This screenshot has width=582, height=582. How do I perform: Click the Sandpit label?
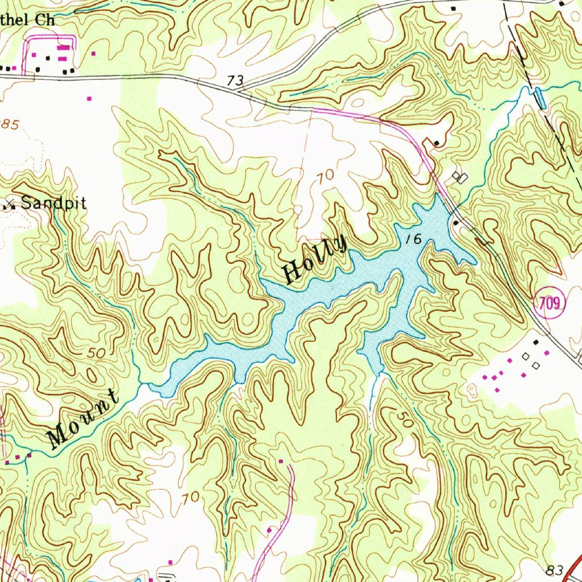pyautogui.click(x=54, y=203)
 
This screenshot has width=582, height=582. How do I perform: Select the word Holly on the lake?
pyautogui.click(x=315, y=260)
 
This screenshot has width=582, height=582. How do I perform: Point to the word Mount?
pyautogui.click(x=84, y=419)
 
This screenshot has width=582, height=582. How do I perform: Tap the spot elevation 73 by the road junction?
pyautogui.click(x=234, y=81)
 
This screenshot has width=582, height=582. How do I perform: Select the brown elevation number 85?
pyautogui.click(x=9, y=124)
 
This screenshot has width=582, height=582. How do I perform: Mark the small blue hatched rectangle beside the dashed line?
pyautogui.click(x=539, y=98)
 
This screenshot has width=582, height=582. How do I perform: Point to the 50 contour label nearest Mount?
pyautogui.click(x=97, y=353)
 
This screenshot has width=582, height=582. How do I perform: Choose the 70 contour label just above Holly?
pyautogui.click(x=326, y=177)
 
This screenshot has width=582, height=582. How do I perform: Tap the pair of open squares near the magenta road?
pyautogui.click(x=460, y=178)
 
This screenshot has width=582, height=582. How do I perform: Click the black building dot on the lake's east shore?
pyautogui.click(x=456, y=223)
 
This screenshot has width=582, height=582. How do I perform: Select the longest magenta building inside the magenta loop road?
pyautogui.click(x=62, y=49)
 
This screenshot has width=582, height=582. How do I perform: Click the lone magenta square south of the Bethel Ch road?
pyautogui.click(x=89, y=98)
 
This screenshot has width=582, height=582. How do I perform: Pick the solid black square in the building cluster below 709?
pyautogui.click(x=536, y=342)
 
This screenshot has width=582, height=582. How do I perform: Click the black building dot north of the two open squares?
pyautogui.click(x=436, y=143)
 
